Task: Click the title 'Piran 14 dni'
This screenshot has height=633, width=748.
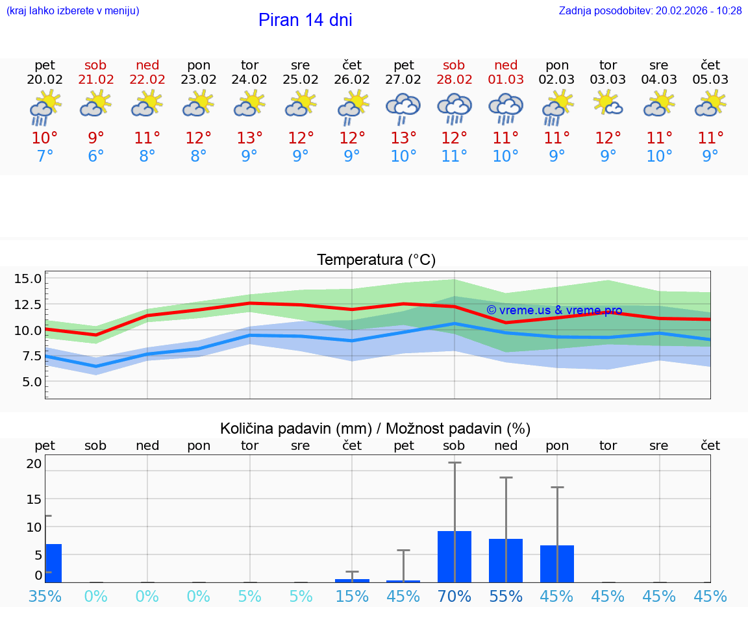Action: tap(305, 20)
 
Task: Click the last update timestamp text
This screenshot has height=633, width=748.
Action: tap(650, 11)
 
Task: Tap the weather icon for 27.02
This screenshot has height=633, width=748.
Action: tap(403, 108)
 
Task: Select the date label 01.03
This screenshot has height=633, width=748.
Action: tap(506, 80)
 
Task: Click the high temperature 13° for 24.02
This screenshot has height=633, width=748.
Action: tap(249, 138)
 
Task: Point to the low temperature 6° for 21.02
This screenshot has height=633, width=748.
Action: tap(95, 156)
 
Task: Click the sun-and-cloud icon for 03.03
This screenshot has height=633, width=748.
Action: tap(608, 104)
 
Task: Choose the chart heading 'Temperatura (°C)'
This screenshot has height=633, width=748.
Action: tap(376, 260)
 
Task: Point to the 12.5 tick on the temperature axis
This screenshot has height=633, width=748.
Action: tap(28, 304)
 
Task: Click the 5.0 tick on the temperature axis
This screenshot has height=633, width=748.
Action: tap(32, 382)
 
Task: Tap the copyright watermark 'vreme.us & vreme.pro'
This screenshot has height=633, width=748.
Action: tap(554, 310)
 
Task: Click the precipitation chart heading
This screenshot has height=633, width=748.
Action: tap(375, 428)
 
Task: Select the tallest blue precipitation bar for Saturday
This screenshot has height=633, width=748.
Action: tap(454, 557)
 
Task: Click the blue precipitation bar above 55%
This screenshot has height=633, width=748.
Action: tap(506, 561)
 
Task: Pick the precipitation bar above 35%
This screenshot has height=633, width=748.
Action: tap(54, 564)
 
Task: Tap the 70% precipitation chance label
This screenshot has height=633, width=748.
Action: tap(455, 596)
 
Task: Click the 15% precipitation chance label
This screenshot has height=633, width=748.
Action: tap(352, 596)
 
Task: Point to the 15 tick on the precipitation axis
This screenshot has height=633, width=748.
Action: tap(34, 499)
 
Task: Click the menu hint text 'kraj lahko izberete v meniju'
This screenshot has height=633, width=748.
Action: tap(73, 11)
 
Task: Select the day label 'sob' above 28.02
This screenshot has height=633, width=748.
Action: tap(454, 66)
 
